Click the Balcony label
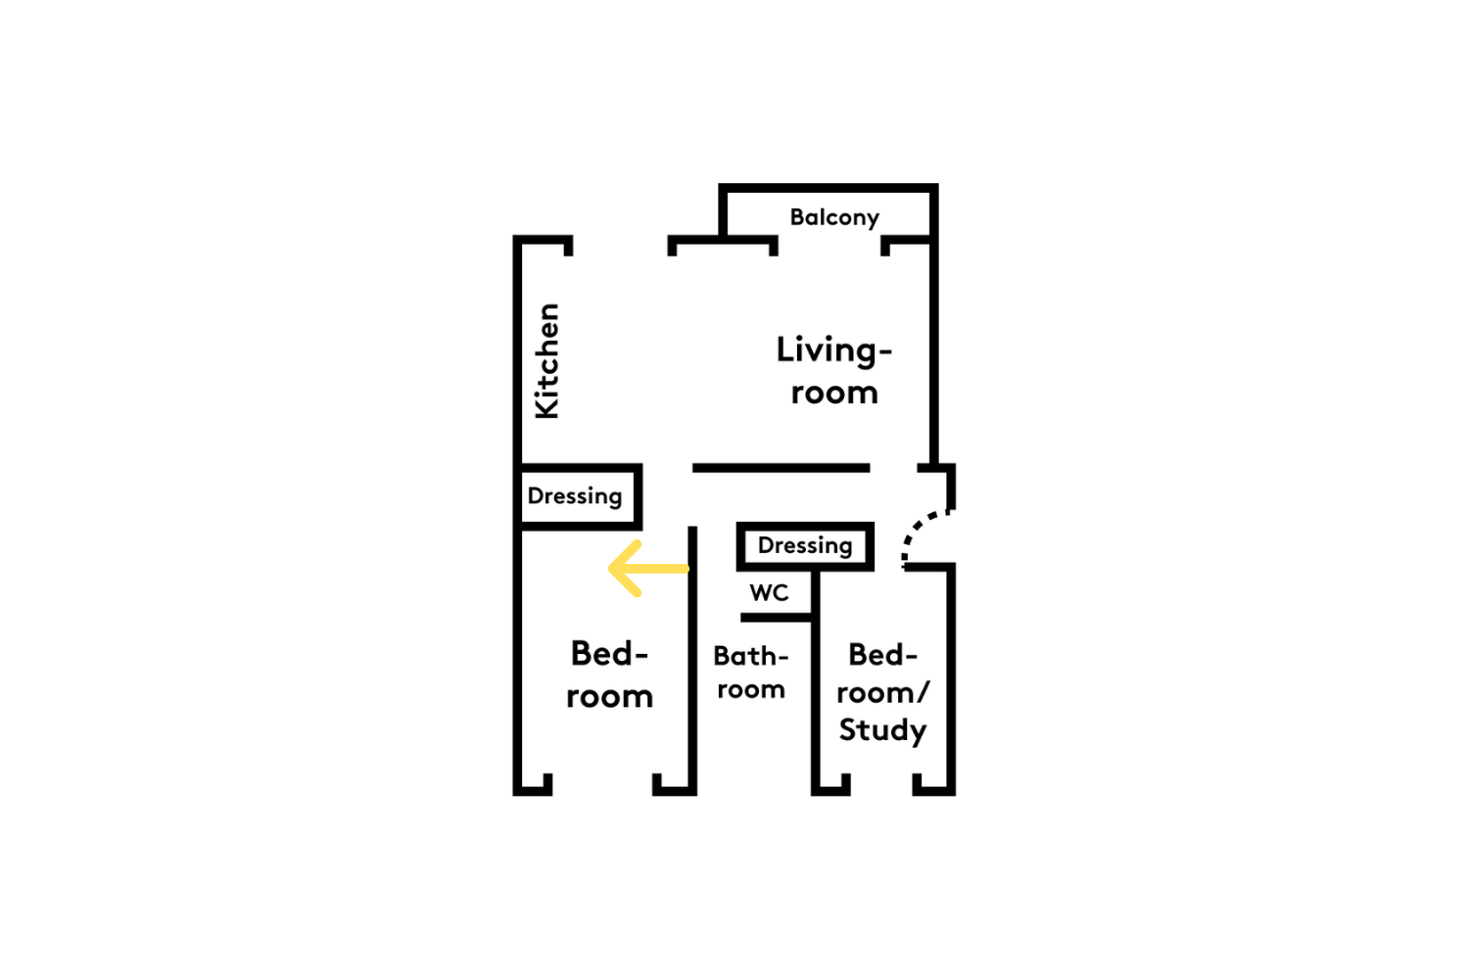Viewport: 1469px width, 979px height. (834, 217)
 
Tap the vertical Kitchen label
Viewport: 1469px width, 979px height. (546, 361)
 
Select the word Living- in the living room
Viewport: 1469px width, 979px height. (834, 350)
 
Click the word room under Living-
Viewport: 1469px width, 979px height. (834, 393)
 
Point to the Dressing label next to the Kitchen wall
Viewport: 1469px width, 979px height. (575, 496)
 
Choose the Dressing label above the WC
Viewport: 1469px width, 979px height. (805, 545)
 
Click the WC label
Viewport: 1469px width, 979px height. (769, 592)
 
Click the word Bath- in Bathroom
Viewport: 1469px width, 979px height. (751, 656)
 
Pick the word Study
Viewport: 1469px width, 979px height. (882, 730)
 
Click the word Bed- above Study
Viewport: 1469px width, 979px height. (882, 654)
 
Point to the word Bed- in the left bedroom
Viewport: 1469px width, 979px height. (609, 654)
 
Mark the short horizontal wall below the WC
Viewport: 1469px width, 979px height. (777, 618)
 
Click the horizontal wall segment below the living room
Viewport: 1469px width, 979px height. (782, 468)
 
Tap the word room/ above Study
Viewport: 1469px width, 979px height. (882, 692)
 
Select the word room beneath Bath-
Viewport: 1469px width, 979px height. (751, 690)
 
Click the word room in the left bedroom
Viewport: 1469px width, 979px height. (609, 696)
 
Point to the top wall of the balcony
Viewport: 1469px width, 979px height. (829, 188)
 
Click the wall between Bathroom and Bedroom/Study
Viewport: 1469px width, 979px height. (816, 682)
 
